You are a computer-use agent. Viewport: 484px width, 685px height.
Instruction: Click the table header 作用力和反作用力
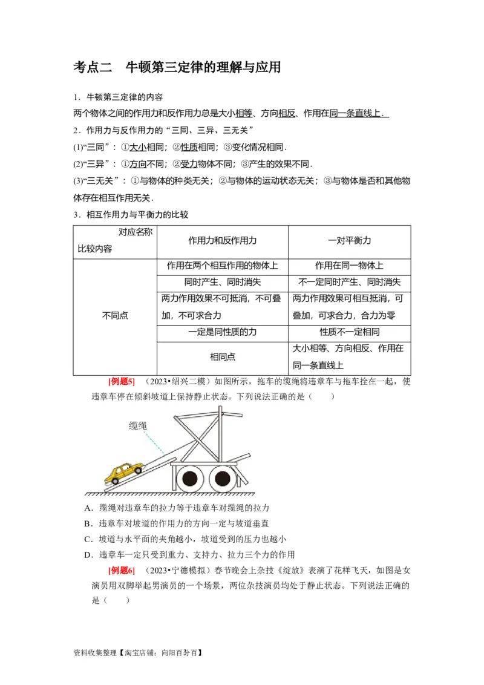pyautogui.click(x=223, y=240)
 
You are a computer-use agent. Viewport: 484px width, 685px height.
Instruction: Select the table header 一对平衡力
pyautogui.click(x=349, y=240)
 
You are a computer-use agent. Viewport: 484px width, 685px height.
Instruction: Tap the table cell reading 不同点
pyautogui.click(x=115, y=315)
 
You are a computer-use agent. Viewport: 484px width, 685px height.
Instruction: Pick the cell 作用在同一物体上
pyautogui.click(x=349, y=266)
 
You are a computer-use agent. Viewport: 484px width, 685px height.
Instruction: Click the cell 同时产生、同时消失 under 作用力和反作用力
pyautogui.click(x=223, y=282)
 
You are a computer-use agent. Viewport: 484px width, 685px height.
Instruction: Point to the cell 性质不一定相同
pyautogui.click(x=349, y=332)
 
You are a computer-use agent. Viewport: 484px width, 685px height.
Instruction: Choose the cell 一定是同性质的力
pyautogui.click(x=223, y=332)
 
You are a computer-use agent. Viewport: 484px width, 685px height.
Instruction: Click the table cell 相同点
pyautogui.click(x=223, y=357)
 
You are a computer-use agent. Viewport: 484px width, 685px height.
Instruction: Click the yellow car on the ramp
pyautogui.click(x=124, y=472)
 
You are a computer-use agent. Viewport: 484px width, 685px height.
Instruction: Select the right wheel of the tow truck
pyautogui.click(x=223, y=478)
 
